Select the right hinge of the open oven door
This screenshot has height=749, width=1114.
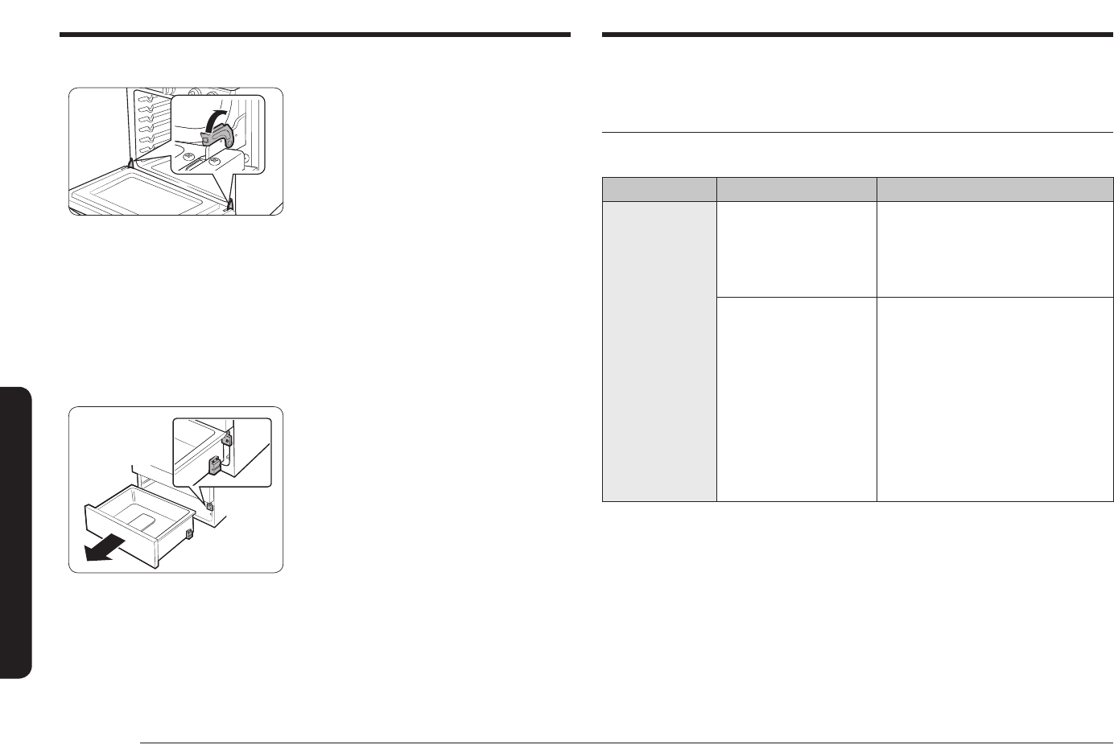tap(231, 204)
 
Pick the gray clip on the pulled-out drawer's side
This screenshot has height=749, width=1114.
tap(189, 533)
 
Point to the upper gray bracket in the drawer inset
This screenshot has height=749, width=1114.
tap(228, 439)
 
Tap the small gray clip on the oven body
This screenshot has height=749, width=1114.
tap(208, 508)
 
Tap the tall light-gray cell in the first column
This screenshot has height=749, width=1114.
tap(659, 351)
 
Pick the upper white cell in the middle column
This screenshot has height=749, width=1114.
tap(796, 249)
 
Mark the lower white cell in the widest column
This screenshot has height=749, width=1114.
tap(995, 399)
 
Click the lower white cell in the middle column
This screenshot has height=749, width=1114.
tap(796, 399)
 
